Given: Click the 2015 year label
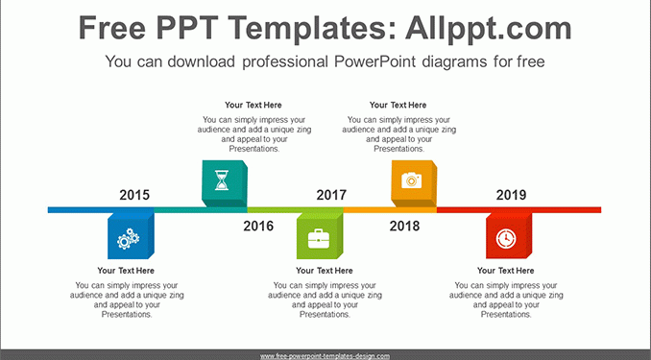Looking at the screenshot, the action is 134,195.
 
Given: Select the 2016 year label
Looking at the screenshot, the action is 258,226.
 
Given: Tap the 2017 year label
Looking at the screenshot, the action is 331,195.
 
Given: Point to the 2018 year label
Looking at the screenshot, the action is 404,226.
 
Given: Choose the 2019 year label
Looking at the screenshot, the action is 511,195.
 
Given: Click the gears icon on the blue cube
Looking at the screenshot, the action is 128,239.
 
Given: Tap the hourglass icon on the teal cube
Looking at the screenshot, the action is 222,180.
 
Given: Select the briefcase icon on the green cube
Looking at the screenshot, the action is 319,239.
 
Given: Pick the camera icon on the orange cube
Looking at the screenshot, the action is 412,180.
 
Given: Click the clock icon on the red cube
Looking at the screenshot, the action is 506,239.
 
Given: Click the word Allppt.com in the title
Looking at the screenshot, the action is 489,28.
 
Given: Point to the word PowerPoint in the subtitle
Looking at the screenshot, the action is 374,61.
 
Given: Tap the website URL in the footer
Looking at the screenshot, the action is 325,356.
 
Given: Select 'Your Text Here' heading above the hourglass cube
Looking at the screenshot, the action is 253,105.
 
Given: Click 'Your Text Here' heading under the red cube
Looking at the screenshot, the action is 506,271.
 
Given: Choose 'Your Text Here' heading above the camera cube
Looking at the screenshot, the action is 398,105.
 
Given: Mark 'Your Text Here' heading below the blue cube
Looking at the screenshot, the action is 126,271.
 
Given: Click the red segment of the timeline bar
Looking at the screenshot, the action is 518,209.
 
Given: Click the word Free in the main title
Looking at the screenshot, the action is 112,28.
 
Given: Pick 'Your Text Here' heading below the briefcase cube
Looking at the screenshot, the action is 325,271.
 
